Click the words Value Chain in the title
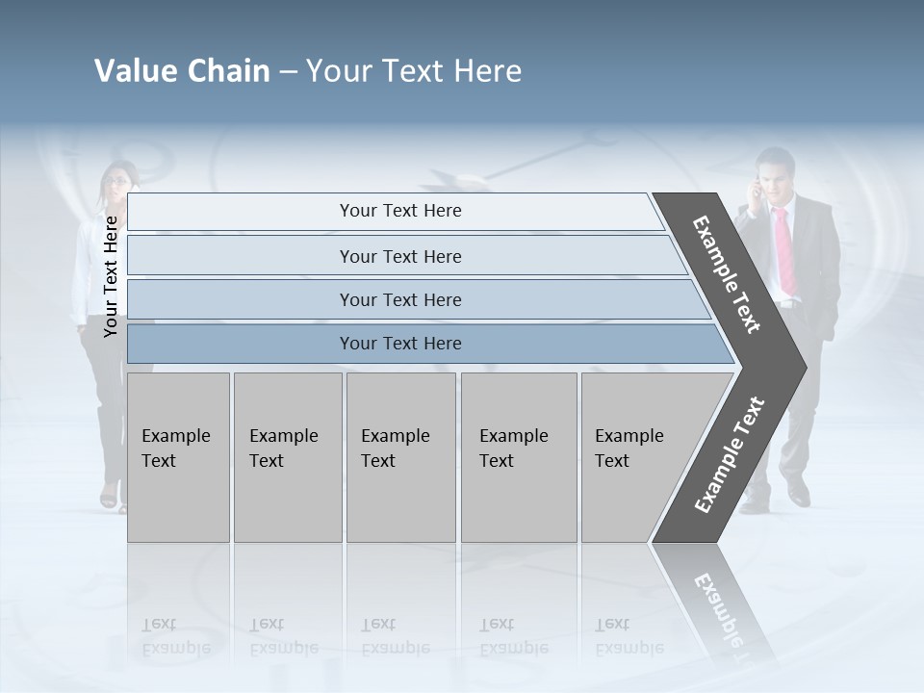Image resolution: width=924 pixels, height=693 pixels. [182, 71]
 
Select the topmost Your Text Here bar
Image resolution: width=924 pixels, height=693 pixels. [400, 211]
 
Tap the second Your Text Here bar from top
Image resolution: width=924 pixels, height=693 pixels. [400, 256]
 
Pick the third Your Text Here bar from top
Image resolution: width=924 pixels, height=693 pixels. [400, 299]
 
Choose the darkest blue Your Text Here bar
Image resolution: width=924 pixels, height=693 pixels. [400, 344]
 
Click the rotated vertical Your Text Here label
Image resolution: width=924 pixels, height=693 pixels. [111, 276]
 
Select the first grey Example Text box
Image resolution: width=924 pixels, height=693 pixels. [178, 456]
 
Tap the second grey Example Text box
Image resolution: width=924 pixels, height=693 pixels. [287, 456]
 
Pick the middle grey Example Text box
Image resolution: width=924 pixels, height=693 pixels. [400, 456]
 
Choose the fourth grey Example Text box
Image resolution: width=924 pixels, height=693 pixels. [518, 456]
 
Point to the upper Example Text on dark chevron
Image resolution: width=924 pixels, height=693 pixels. [727, 274]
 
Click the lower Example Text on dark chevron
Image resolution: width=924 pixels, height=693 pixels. [730, 454]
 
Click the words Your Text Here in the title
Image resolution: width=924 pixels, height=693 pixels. [414, 71]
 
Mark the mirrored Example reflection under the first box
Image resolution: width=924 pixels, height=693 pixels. [175, 648]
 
